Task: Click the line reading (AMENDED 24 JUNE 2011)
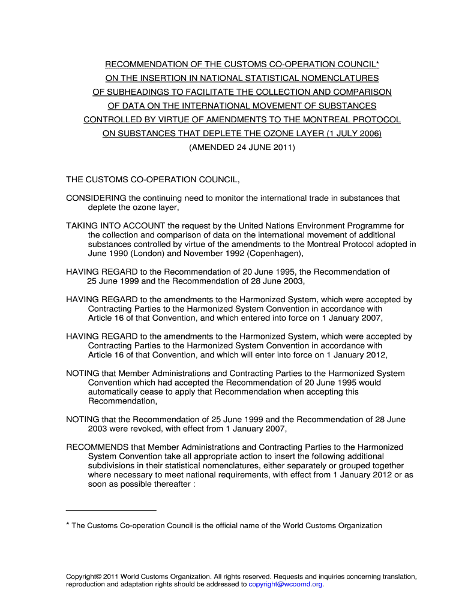coord(242,147)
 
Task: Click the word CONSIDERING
coord(96,198)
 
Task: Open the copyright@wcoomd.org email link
coord(286,584)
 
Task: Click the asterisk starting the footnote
coord(68,525)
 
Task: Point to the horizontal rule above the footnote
coord(111,510)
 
